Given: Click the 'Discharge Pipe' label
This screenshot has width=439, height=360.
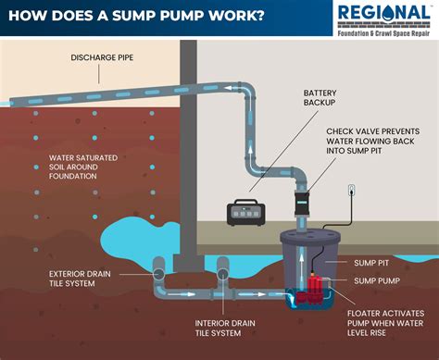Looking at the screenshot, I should [101, 57].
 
